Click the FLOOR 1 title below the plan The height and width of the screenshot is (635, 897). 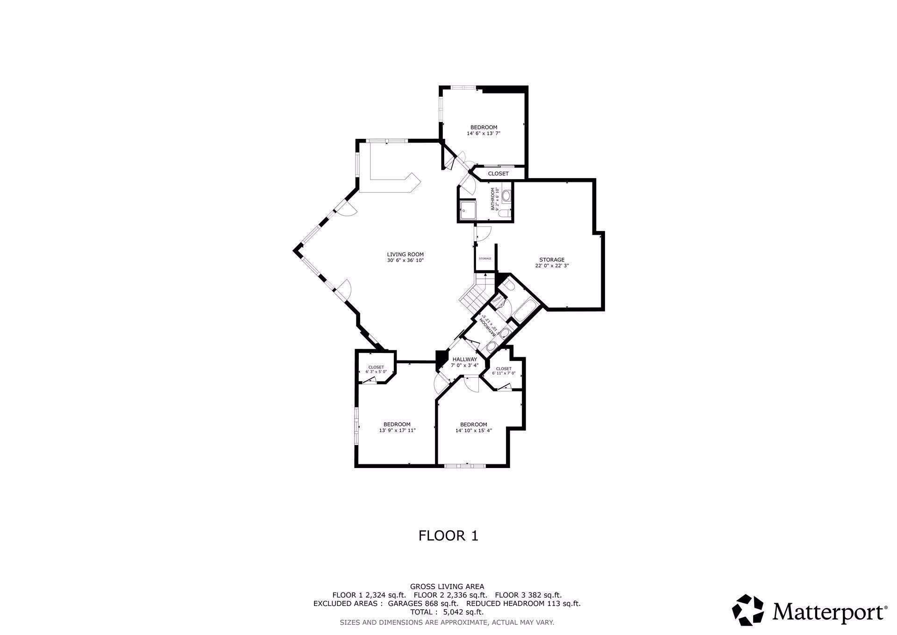point(448,535)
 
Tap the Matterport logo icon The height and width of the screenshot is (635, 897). point(747,610)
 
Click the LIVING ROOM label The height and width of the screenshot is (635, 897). point(405,255)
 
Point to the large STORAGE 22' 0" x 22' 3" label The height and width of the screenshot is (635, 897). point(552,263)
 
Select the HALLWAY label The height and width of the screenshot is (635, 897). point(464,359)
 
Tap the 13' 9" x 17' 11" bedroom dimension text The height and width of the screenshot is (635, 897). point(397,431)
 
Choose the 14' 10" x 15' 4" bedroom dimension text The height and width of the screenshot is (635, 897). point(473,431)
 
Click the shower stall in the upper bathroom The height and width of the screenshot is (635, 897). point(468,210)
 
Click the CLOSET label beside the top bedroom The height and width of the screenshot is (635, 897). point(498,173)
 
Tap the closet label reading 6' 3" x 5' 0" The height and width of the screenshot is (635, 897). point(376,372)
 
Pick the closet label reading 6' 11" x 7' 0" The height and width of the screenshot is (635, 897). point(504,374)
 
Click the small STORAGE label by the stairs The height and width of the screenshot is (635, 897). point(485,259)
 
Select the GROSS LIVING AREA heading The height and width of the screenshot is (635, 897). point(447,586)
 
